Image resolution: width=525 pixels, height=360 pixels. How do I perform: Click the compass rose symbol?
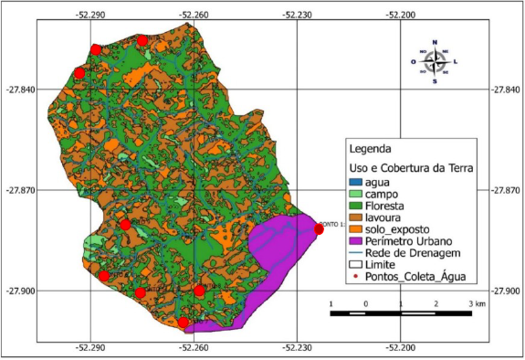pyautogui.click(x=435, y=61)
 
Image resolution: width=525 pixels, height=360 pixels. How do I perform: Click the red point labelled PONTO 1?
pyautogui.click(x=319, y=229)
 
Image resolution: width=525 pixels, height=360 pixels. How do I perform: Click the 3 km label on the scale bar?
pyautogui.click(x=475, y=302)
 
